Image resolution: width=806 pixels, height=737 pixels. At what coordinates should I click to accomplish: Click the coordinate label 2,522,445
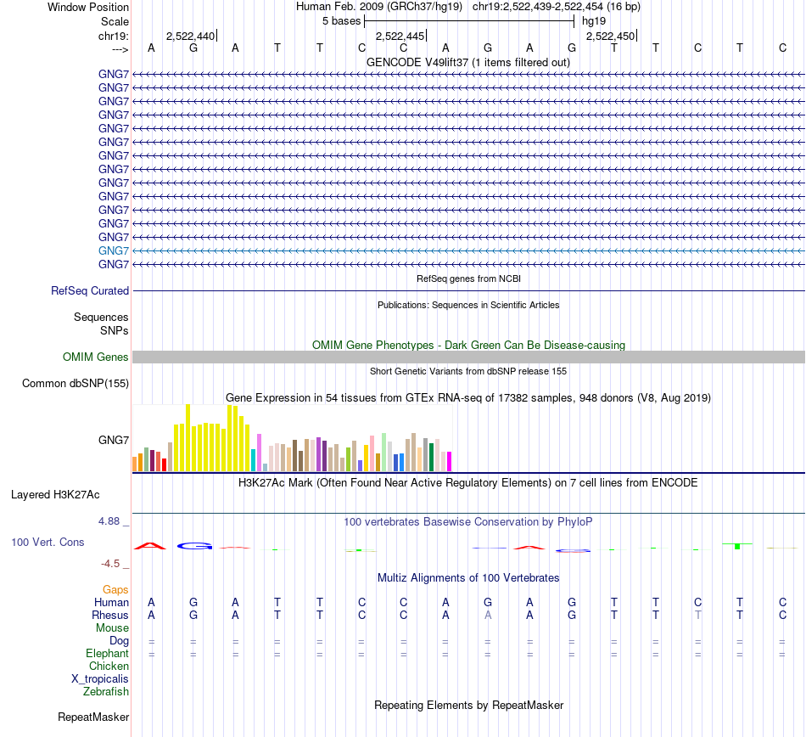pyautogui.click(x=399, y=36)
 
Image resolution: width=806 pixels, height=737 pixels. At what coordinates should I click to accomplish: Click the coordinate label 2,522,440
pyautogui.click(x=190, y=36)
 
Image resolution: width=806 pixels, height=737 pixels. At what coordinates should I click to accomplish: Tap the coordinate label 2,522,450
pyautogui.click(x=609, y=36)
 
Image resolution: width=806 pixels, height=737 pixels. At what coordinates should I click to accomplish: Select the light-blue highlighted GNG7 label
pyautogui.click(x=114, y=250)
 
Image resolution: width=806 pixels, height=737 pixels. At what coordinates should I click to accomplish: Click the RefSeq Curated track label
pyautogui.click(x=90, y=290)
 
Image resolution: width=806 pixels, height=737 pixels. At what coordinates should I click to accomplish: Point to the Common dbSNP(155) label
pyautogui.click(x=76, y=383)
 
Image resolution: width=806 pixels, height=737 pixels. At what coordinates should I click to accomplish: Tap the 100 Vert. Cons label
pyautogui.click(x=48, y=542)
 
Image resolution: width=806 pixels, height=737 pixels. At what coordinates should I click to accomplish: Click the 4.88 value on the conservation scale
pyautogui.click(x=110, y=521)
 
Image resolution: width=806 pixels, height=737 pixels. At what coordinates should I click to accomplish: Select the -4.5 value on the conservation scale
pyautogui.click(x=113, y=563)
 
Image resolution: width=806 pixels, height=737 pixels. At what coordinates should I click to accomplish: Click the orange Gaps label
pyautogui.click(x=115, y=589)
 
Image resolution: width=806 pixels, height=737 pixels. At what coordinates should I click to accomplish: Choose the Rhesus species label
pyautogui.click(x=110, y=615)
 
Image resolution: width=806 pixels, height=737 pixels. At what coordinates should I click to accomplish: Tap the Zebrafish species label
pyautogui.click(x=106, y=692)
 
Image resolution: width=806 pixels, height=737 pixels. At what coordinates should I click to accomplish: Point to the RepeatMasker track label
pyautogui.click(x=93, y=717)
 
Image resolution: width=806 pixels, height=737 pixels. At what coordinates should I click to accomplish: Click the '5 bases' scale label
pyautogui.click(x=341, y=20)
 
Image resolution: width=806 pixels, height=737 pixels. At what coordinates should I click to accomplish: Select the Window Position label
pyautogui.click(x=88, y=7)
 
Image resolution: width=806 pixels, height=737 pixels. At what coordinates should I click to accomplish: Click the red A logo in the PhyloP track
pyautogui.click(x=151, y=545)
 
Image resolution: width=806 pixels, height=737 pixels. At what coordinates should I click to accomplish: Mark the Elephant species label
pyautogui.click(x=107, y=654)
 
